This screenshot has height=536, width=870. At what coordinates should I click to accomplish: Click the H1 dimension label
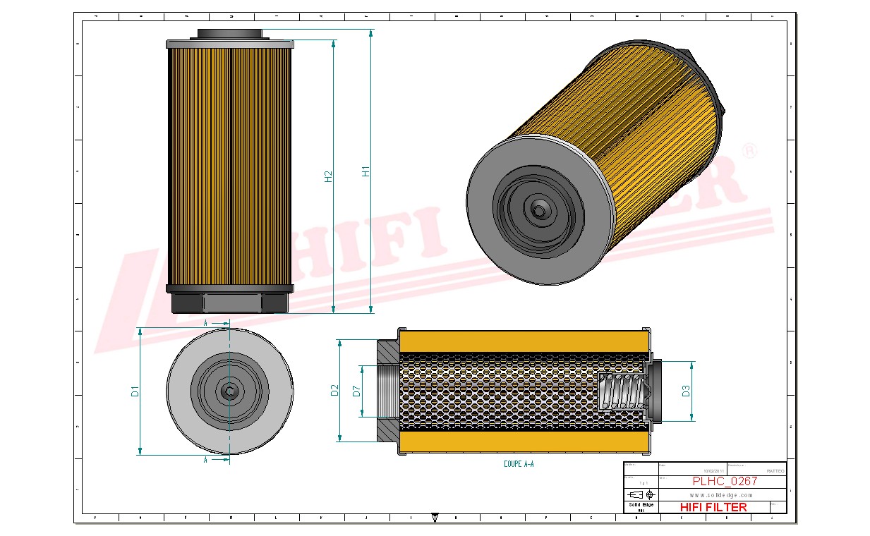(x=365, y=171)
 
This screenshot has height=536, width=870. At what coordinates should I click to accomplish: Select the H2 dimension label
(x=329, y=177)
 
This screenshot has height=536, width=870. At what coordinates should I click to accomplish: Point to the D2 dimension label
(x=336, y=390)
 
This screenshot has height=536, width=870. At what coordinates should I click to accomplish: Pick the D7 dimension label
(x=357, y=390)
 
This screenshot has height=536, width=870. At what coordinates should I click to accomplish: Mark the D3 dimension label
(x=686, y=391)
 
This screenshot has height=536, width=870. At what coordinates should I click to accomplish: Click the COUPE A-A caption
(x=519, y=464)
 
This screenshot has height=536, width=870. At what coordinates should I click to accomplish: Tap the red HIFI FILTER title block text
(x=713, y=507)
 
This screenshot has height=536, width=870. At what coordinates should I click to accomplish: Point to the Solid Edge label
(x=641, y=504)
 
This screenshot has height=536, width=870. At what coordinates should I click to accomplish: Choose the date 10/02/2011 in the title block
(x=713, y=470)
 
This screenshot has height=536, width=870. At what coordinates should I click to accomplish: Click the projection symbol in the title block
(x=640, y=494)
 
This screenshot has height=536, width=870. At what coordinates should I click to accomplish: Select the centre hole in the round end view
(x=230, y=391)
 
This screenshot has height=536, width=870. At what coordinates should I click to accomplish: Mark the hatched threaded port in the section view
(x=387, y=390)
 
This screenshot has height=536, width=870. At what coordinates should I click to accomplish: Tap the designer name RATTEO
(x=774, y=470)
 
